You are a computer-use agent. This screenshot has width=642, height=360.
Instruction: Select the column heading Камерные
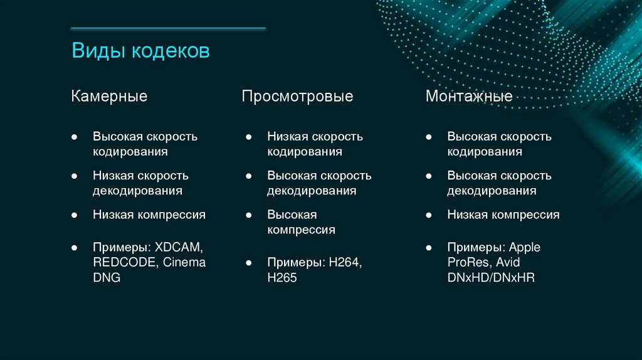[109, 96]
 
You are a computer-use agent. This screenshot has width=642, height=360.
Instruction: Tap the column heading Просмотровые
[298, 96]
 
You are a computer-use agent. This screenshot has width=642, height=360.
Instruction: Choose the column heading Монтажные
[469, 96]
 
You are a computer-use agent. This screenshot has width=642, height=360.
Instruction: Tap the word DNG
[107, 277]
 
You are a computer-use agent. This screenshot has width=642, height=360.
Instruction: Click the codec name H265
[282, 277]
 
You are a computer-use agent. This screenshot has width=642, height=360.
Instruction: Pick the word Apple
[525, 246]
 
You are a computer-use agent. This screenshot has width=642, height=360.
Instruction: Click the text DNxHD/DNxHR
[491, 277]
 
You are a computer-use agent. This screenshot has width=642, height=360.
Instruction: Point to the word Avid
[506, 262]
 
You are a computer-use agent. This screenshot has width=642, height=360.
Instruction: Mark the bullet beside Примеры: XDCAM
[74, 247]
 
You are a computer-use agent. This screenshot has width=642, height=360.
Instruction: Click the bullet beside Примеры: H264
[249, 262]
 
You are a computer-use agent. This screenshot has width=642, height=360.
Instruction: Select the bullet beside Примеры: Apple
[428, 247]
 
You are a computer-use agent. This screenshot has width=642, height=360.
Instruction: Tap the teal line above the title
[168, 28]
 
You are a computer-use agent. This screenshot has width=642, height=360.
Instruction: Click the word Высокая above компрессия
[292, 214]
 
